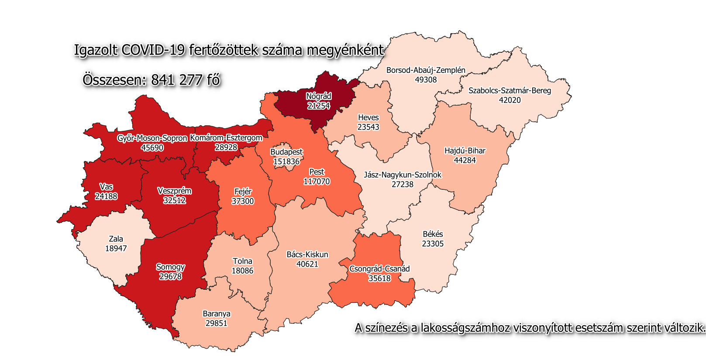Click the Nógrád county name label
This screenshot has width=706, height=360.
(x=318, y=96)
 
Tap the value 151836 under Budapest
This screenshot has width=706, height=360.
(x=286, y=161)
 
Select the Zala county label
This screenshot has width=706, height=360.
(x=116, y=239)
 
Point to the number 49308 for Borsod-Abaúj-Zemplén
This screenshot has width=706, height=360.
(x=426, y=80)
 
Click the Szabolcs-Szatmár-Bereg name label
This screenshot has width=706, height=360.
(x=510, y=91)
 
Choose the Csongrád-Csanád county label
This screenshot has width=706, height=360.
(x=379, y=269)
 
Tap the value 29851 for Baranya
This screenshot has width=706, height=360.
(x=216, y=323)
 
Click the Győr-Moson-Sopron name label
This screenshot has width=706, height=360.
(x=152, y=138)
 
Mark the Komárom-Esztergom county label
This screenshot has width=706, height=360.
(x=226, y=138)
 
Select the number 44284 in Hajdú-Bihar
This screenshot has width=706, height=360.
(x=465, y=160)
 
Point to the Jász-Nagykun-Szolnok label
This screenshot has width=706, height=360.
(x=403, y=175)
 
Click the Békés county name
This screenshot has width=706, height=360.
(x=433, y=234)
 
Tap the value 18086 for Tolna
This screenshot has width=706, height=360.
(x=242, y=271)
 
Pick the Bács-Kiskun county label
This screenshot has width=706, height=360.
(x=307, y=254)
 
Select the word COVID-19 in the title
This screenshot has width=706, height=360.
(x=153, y=50)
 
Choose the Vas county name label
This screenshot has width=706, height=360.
(x=106, y=187)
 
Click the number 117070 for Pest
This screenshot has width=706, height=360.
(x=317, y=182)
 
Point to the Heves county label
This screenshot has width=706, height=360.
(x=368, y=117)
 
